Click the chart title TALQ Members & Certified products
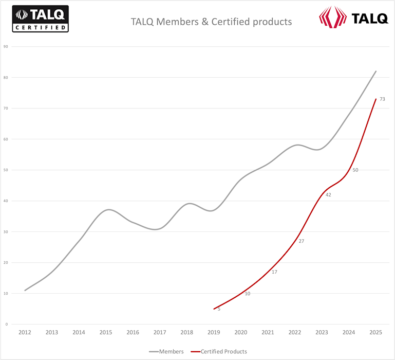click(211, 22)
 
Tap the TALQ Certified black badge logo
click(40, 19)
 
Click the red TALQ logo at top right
click(353, 17)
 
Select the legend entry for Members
click(166, 351)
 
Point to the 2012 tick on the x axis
click(25, 333)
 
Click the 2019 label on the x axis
click(214, 333)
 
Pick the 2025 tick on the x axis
click(376, 333)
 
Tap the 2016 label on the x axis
click(133, 333)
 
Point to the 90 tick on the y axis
click(6, 46)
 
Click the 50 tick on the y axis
click(6, 170)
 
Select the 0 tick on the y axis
click(7, 324)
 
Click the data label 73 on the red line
click(383, 99)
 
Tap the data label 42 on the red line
click(328, 195)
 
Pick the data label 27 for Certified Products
click(302, 241)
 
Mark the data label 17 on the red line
click(274, 272)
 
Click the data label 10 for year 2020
click(247, 293)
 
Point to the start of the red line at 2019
click(214, 309)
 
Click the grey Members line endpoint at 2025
click(376, 71)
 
